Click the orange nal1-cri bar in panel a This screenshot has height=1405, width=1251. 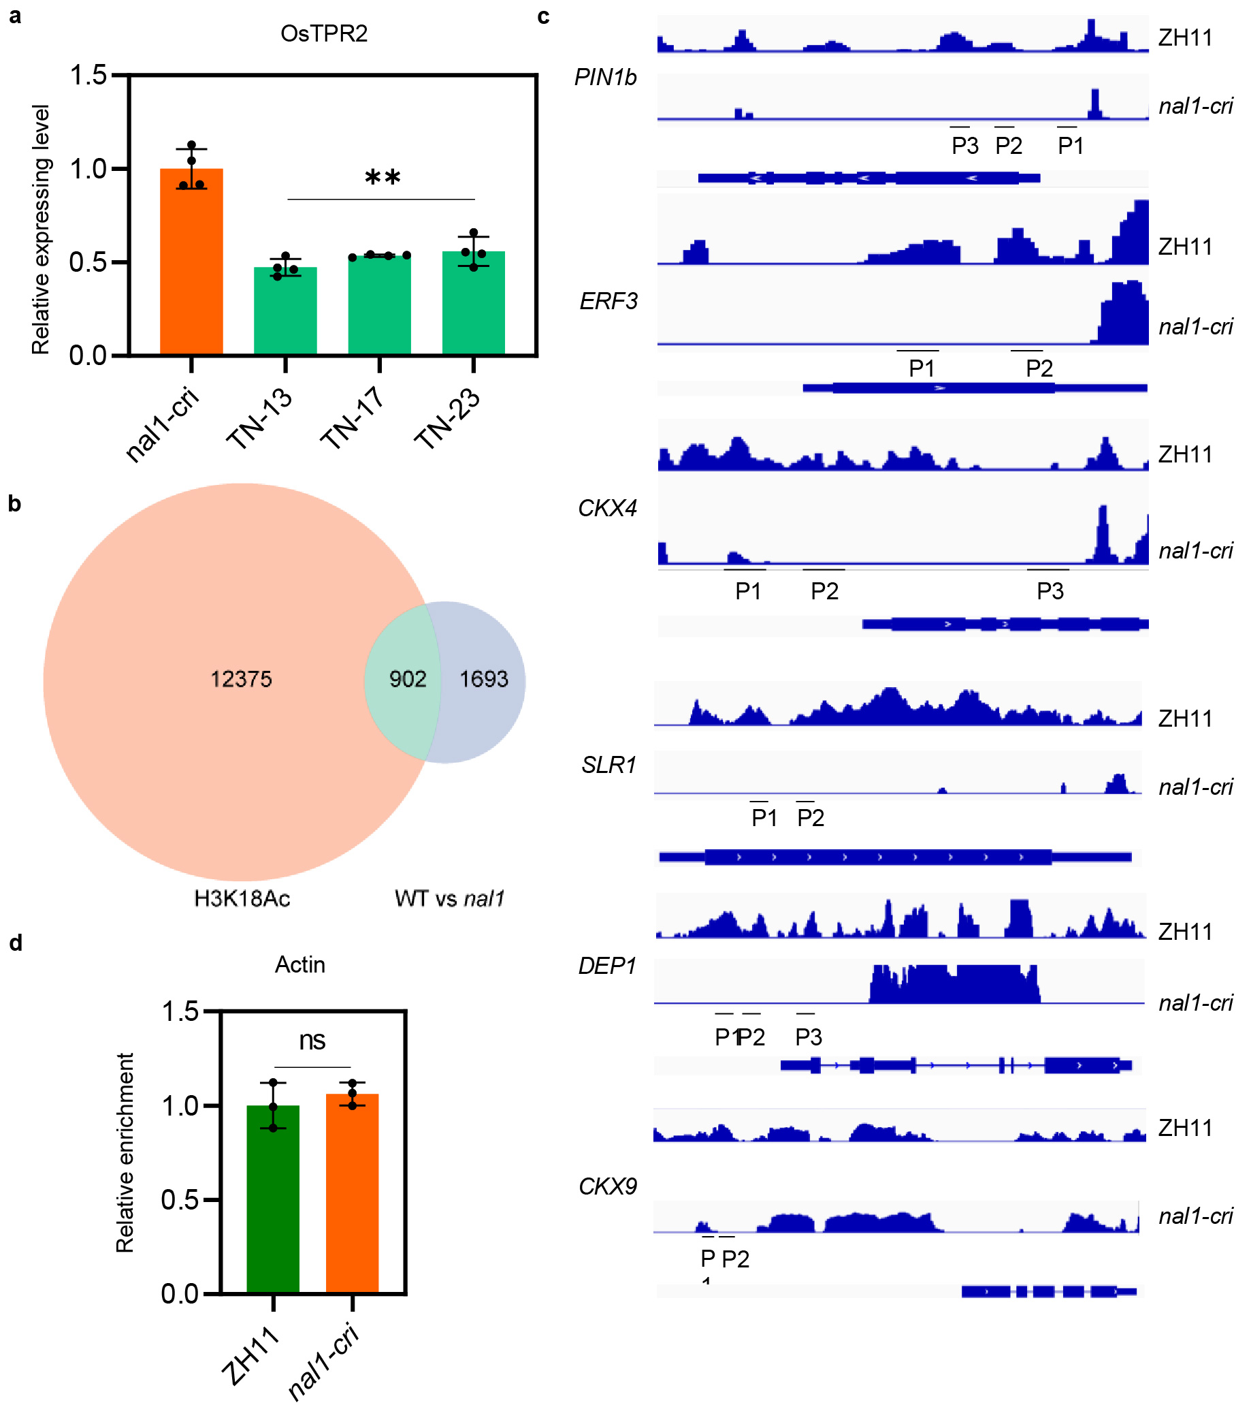tap(191, 262)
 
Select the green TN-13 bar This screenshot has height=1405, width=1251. tap(285, 310)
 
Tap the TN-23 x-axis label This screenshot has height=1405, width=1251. tap(447, 419)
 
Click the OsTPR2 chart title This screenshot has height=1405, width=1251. tap(324, 33)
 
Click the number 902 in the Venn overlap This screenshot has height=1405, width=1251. tap(408, 680)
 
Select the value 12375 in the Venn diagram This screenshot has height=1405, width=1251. tap(241, 680)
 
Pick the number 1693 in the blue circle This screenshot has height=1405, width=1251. tap(484, 680)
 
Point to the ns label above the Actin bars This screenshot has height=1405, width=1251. tap(312, 1041)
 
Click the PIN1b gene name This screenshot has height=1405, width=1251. tap(606, 78)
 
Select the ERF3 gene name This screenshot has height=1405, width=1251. tap(608, 301)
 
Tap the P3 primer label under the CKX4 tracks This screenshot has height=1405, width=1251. tap(1050, 591)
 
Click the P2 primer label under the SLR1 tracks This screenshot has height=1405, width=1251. tap(811, 818)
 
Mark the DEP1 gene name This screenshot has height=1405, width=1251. tap(608, 966)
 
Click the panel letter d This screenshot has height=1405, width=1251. tap(16, 943)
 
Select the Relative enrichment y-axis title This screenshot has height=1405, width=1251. tap(125, 1152)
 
